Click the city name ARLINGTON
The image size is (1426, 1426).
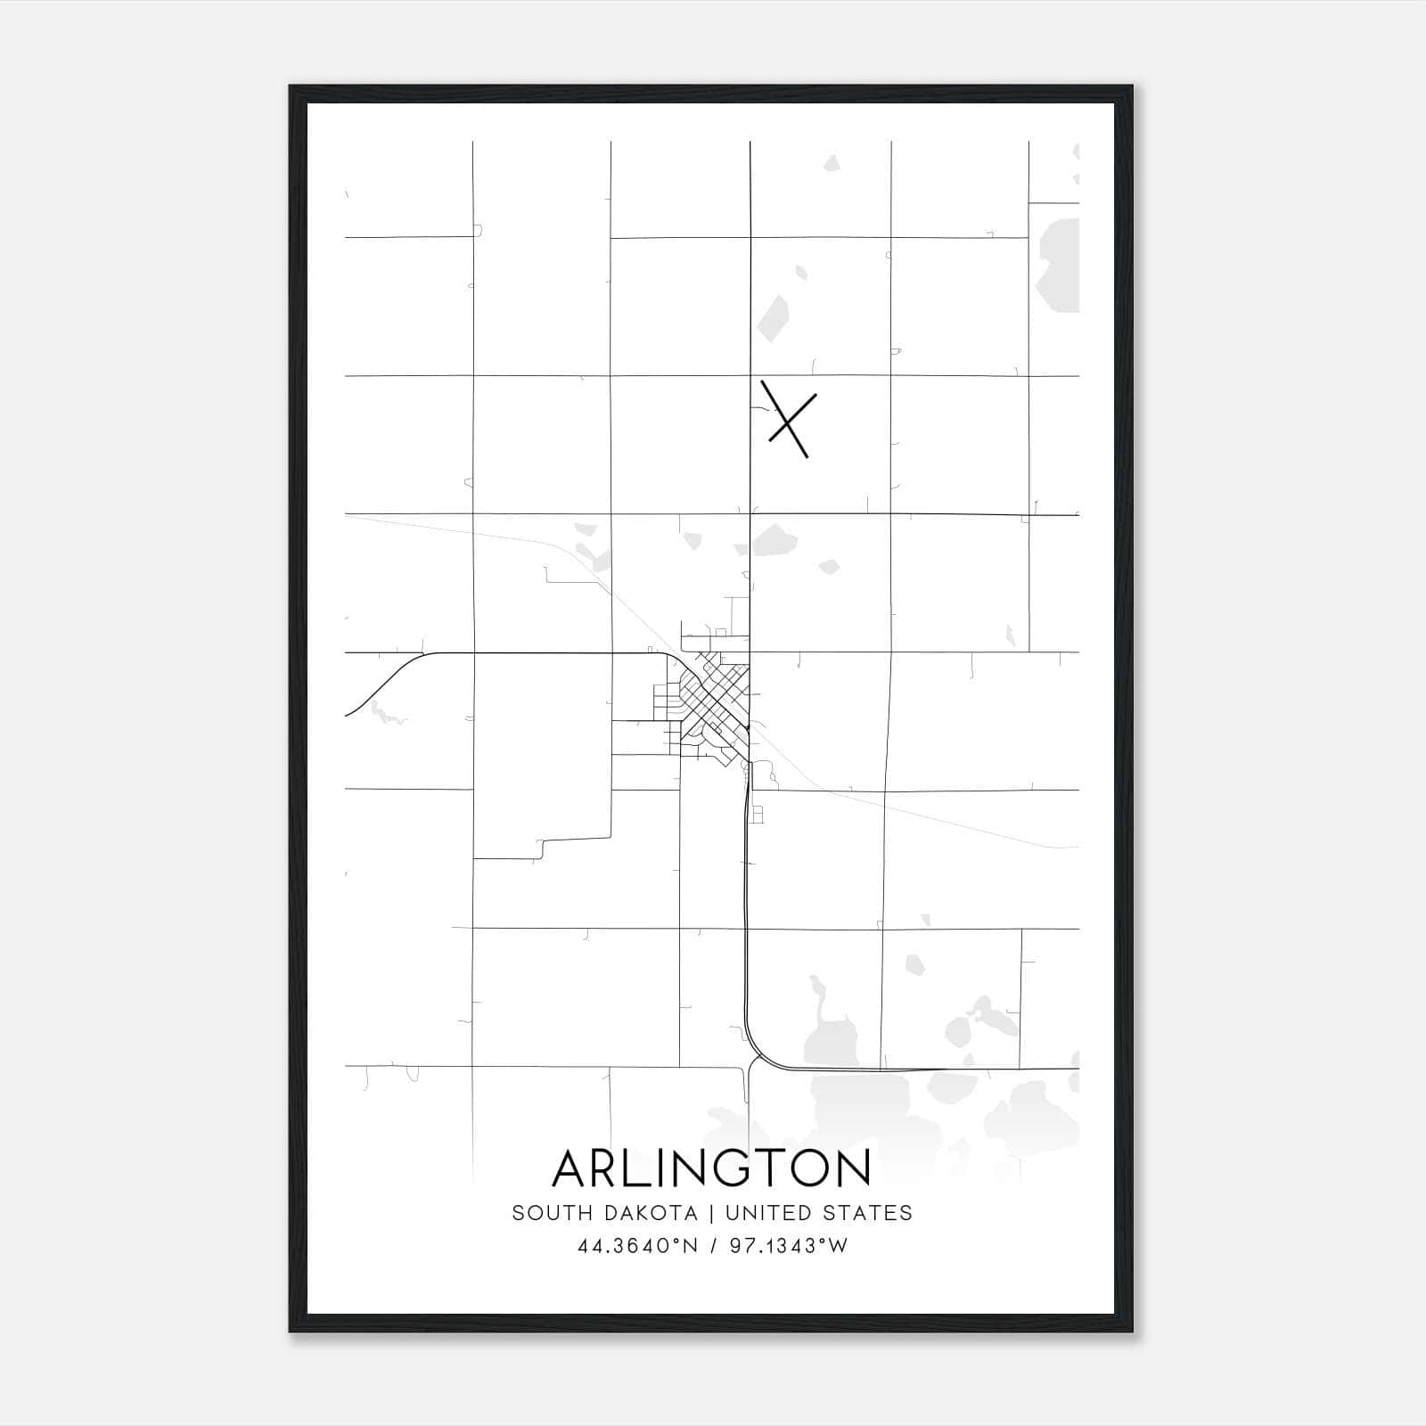pyautogui.click(x=711, y=1168)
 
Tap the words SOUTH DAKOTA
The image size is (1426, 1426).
pyautogui.click(x=604, y=1213)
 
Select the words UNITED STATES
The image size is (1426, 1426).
pyautogui.click(x=818, y=1213)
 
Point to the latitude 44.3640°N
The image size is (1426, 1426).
pyautogui.click(x=638, y=1246)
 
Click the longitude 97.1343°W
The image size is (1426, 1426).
pyautogui.click(x=789, y=1246)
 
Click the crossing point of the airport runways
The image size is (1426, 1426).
pyautogui.click(x=787, y=423)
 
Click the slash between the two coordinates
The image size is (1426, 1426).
pyautogui.click(x=714, y=1246)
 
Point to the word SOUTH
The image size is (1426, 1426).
pyautogui.click(x=541, y=1213)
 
